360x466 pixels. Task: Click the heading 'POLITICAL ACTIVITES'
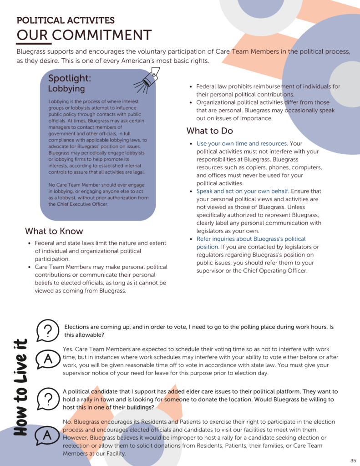66,20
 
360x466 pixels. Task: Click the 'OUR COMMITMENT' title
84,35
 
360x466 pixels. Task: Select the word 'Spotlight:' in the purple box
70,78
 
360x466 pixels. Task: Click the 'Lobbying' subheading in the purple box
66,89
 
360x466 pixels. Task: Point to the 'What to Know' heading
54,231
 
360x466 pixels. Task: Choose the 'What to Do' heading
209,131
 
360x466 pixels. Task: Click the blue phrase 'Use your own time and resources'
241,144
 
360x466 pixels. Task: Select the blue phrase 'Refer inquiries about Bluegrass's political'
251,239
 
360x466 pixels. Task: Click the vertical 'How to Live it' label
19,387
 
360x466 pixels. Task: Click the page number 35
353,460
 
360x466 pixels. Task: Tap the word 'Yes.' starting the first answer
68,349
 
